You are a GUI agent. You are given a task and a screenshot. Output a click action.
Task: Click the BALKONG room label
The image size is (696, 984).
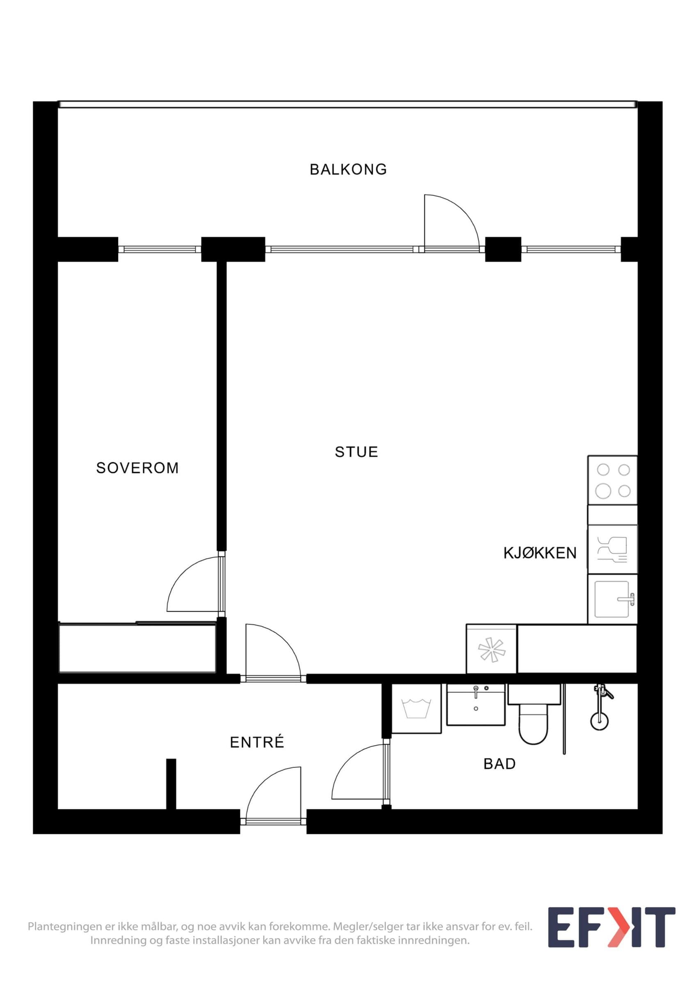click(x=348, y=169)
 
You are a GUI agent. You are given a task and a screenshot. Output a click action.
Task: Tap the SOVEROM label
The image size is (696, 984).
click(x=137, y=467)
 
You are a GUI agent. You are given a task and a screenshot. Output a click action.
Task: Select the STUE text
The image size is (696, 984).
click(x=356, y=452)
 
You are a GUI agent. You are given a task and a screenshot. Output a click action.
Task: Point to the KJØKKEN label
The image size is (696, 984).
click(x=540, y=553)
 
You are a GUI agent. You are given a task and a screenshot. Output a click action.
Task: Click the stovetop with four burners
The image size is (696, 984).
click(x=612, y=480)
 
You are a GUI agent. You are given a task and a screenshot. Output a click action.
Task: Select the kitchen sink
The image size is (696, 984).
click(x=612, y=599)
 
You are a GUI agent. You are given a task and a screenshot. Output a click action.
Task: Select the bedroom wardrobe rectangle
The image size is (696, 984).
click(x=137, y=647)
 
